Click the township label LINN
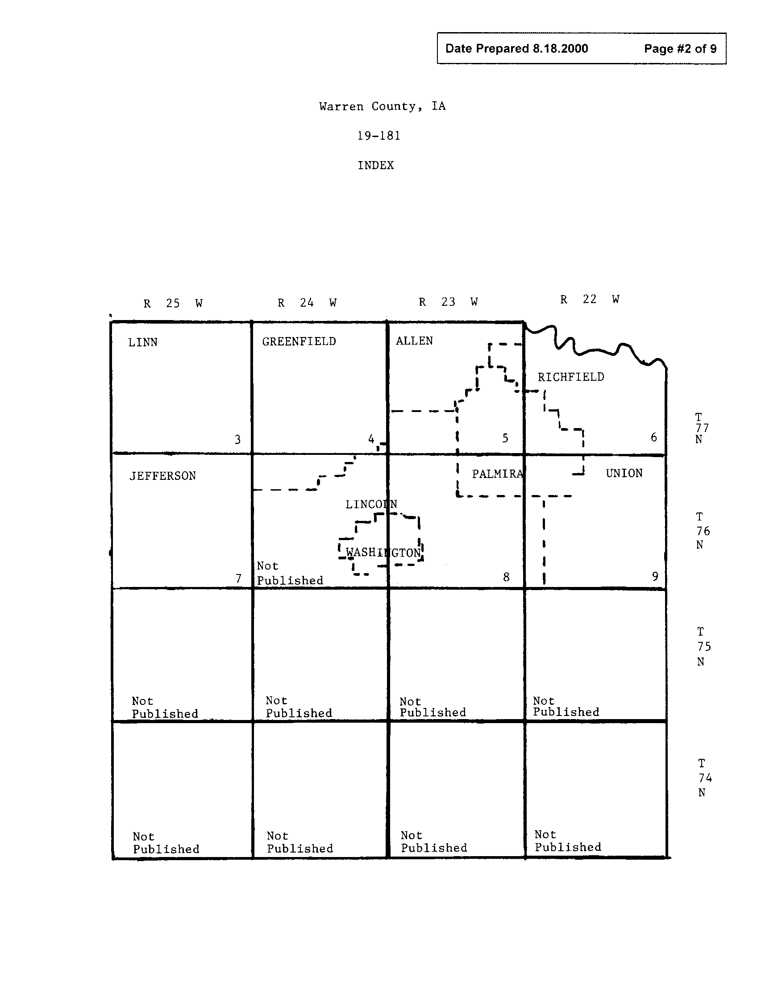click(142, 343)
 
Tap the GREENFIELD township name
click(299, 342)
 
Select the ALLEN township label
click(414, 341)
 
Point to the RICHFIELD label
click(571, 377)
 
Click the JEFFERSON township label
click(163, 476)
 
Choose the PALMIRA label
click(497, 474)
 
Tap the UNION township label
click(624, 474)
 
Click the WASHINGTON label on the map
click(383, 553)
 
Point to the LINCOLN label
click(371, 504)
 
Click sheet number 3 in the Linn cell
click(237, 439)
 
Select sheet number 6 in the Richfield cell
click(653, 437)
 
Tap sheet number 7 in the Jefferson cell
click(238, 578)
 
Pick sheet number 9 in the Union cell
click(655, 576)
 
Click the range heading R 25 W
click(173, 304)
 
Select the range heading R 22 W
click(589, 300)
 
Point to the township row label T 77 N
click(701, 428)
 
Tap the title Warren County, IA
click(382, 107)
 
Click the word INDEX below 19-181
click(376, 166)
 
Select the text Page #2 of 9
click(680, 49)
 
